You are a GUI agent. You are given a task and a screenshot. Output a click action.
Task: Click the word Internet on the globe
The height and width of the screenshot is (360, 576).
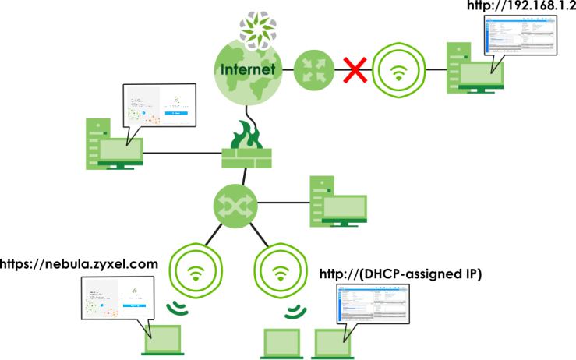tap(248, 69)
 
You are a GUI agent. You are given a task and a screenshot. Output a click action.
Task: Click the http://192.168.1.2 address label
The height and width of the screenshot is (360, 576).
tap(520, 7)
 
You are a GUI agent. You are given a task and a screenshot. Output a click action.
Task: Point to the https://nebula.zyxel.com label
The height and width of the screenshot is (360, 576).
tap(80, 264)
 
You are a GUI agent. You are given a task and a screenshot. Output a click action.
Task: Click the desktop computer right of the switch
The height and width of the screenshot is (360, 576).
tap(337, 203)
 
